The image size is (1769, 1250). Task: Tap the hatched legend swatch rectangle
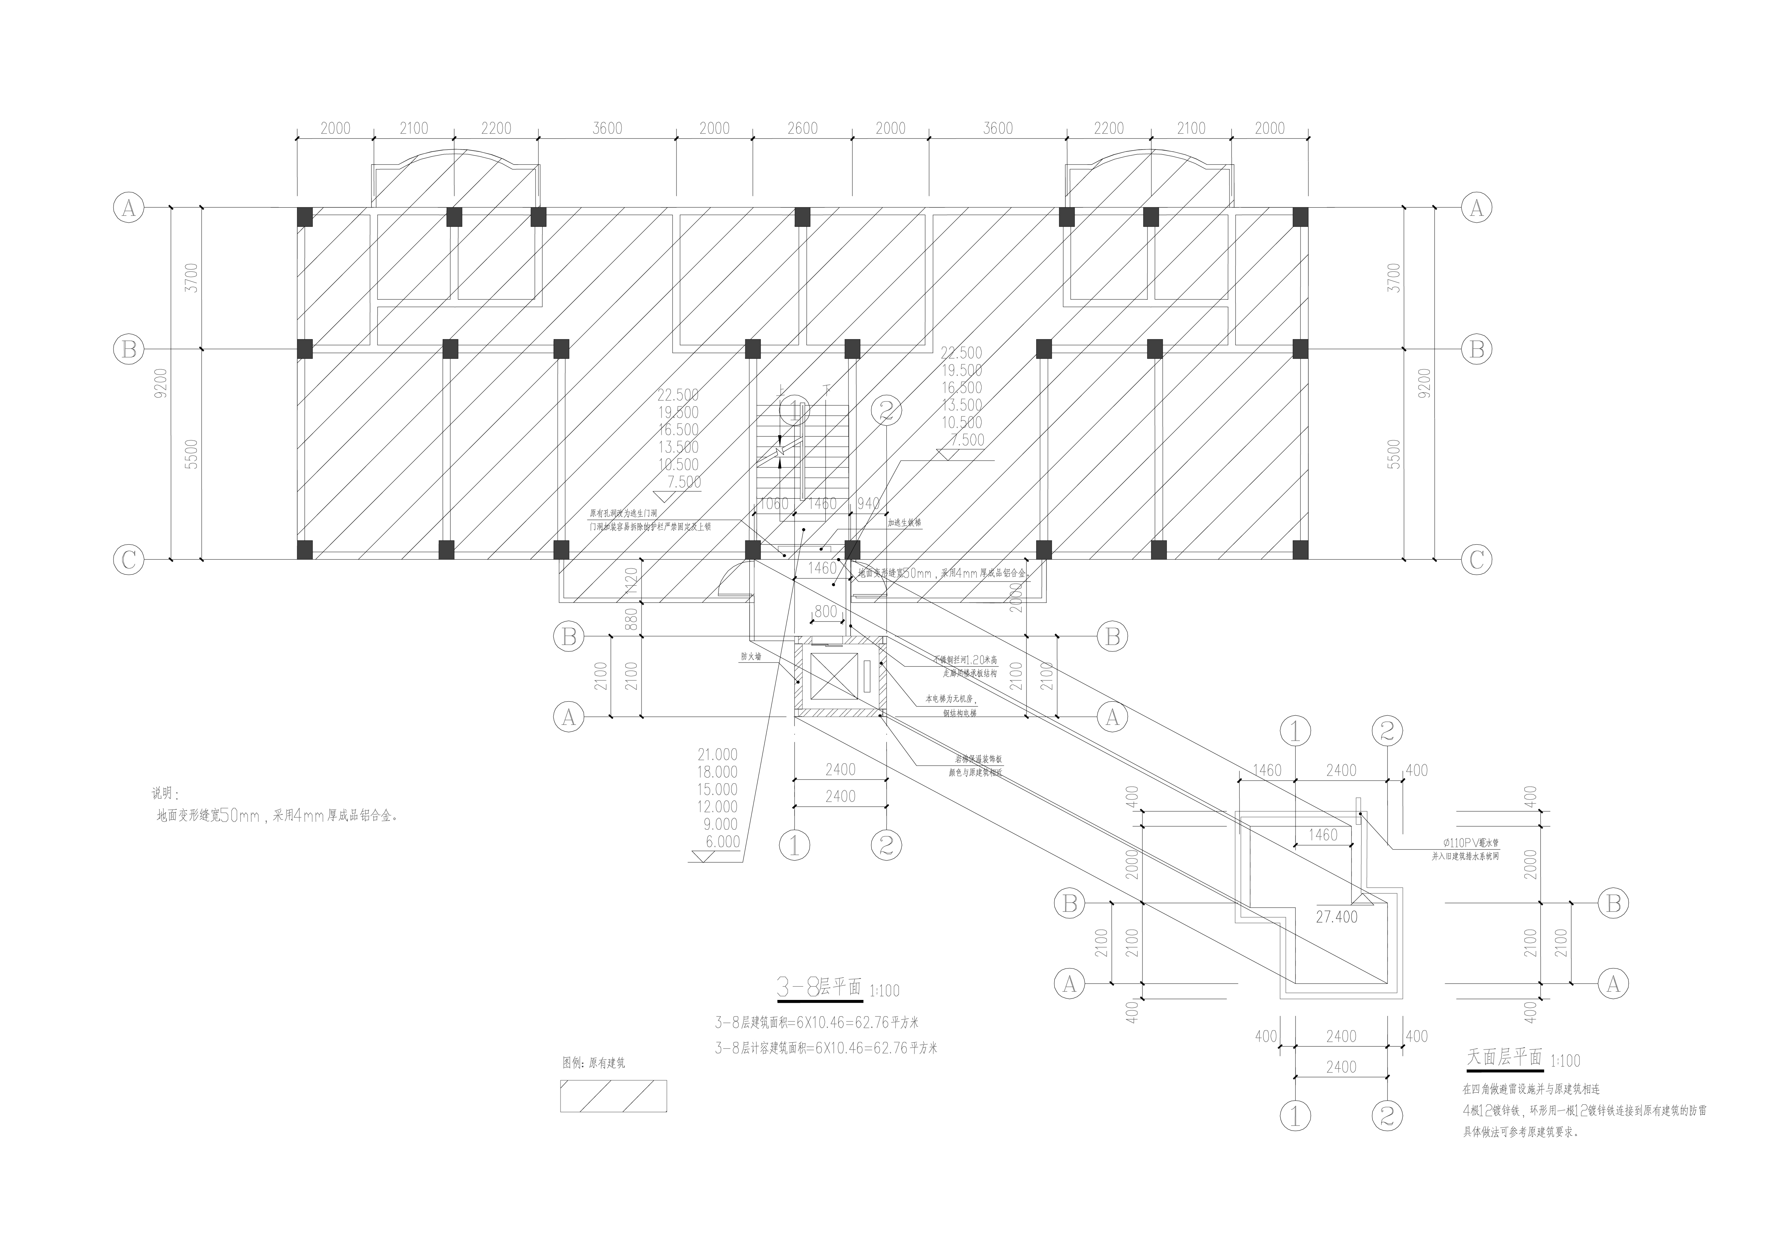pyautogui.click(x=613, y=1096)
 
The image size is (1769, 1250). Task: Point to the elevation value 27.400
pyautogui.click(x=1337, y=917)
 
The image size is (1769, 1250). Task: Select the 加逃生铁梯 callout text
pyautogui.click(x=904, y=522)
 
